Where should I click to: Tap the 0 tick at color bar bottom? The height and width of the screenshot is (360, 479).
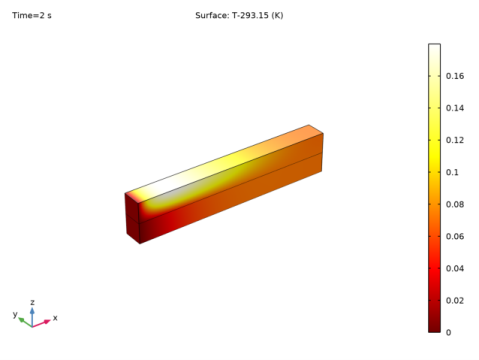click(x=449, y=332)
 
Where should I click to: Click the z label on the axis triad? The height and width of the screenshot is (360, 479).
click(x=32, y=301)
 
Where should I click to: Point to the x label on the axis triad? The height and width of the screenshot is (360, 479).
click(x=55, y=317)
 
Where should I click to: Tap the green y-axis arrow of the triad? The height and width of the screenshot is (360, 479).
click(x=24, y=321)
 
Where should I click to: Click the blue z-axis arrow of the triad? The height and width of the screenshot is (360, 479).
click(x=32, y=315)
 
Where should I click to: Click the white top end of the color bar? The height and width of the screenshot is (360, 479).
click(x=434, y=48)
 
